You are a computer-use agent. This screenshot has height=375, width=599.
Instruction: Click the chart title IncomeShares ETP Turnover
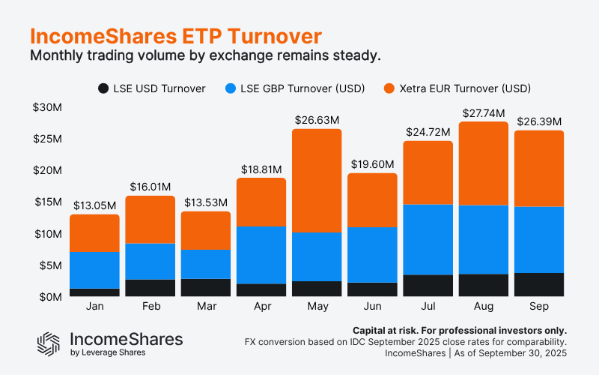coord(176,36)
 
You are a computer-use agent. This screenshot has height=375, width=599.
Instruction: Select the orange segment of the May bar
coord(316,180)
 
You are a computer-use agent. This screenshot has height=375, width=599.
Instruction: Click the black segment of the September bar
coord(538,284)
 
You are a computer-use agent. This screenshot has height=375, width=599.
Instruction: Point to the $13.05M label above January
coord(94,205)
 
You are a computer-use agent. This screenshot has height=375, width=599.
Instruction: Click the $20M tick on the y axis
coord(47,170)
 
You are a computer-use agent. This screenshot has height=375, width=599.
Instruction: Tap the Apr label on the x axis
coord(261,307)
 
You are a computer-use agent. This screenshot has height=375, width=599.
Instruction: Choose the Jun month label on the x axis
coord(371,307)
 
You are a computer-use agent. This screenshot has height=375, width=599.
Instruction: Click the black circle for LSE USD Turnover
coord(103,88)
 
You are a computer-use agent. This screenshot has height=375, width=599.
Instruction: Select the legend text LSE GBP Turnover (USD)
coord(304,88)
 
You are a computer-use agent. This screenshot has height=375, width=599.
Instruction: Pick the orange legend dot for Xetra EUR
coord(389,88)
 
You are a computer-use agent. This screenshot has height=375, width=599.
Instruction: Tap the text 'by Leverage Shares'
coord(107,352)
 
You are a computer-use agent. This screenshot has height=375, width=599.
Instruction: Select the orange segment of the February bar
coord(150,219)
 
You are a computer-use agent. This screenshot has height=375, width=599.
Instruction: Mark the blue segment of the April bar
coord(261,254)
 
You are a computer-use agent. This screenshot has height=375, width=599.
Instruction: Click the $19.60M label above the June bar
coord(371,163)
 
